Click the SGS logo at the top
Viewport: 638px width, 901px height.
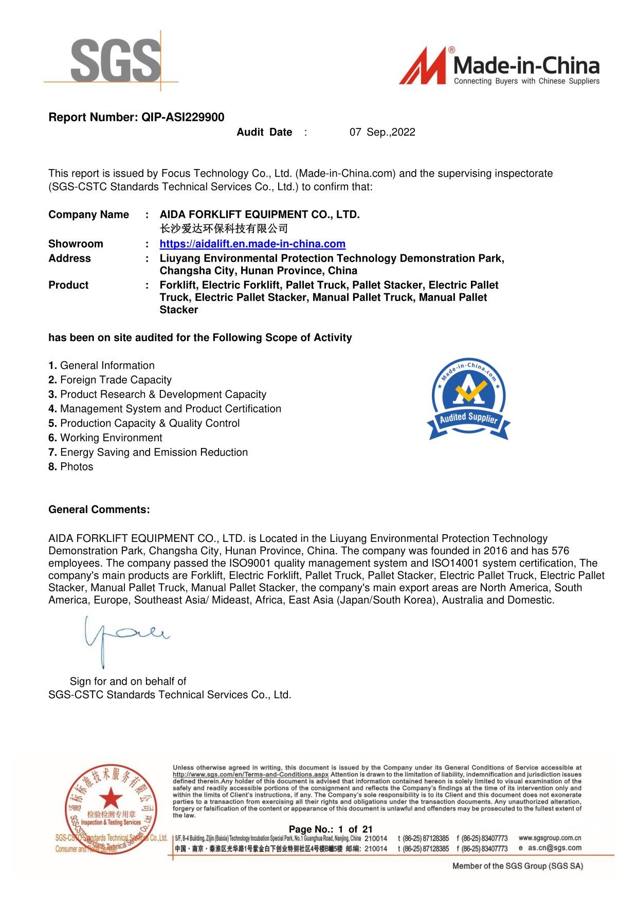(x=116, y=61)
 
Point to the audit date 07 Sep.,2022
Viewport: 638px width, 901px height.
(x=382, y=132)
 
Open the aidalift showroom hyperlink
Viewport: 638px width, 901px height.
(x=252, y=244)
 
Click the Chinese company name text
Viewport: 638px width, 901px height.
(x=224, y=229)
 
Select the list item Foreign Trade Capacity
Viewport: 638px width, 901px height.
(x=116, y=380)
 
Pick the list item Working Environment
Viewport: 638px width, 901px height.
(x=111, y=438)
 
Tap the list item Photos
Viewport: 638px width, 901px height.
(x=77, y=467)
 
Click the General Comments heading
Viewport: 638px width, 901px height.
(x=99, y=510)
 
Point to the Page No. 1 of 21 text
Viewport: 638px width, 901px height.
(x=331, y=829)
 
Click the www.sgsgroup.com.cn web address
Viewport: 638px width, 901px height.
(x=550, y=838)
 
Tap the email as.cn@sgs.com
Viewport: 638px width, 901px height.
(x=554, y=848)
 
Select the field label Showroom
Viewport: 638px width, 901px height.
(x=76, y=244)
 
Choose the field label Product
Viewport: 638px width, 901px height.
(x=68, y=285)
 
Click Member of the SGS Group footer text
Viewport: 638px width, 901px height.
(x=517, y=866)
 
